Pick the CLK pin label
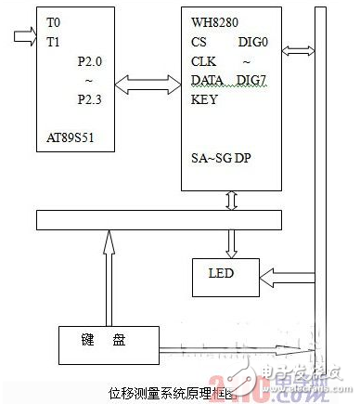(203, 63)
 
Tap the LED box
(221, 274)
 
